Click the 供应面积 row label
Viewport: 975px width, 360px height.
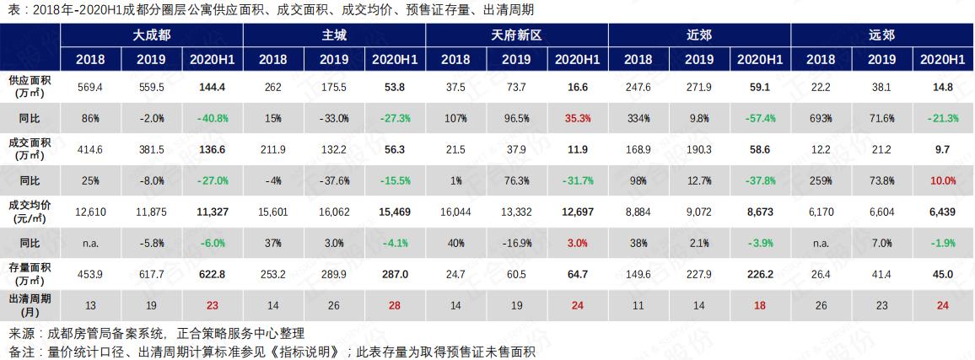tap(30, 86)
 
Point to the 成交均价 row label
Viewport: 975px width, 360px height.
tap(30, 211)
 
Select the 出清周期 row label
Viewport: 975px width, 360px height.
tap(30, 304)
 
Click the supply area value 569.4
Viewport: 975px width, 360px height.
tap(90, 87)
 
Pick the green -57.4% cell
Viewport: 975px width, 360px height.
tap(760, 118)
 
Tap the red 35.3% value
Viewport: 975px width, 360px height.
tap(578, 118)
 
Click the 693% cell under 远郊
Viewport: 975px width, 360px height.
tap(821, 118)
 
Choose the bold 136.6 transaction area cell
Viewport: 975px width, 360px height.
tap(213, 149)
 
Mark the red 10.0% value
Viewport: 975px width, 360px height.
tap(943, 180)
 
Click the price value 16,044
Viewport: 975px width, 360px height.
tap(455, 212)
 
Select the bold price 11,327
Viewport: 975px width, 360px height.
tap(213, 212)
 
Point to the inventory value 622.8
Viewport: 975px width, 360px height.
tap(213, 273)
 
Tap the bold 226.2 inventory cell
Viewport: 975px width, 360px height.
tap(760, 273)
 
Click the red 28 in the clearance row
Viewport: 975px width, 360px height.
tap(395, 304)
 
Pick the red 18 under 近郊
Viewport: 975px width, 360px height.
tap(760, 304)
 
